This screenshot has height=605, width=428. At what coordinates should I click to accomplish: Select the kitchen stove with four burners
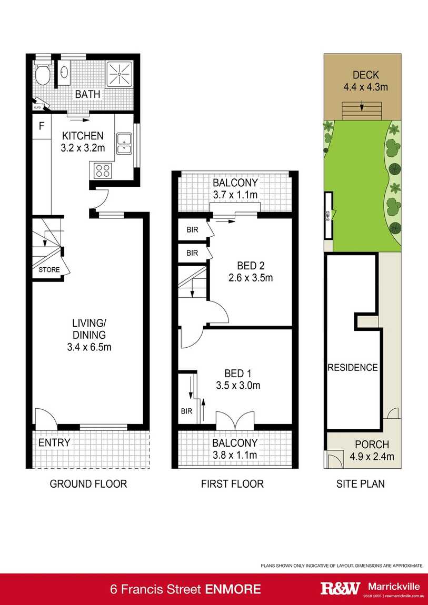pos(102,170)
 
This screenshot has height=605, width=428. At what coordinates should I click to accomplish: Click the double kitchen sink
pos(124,144)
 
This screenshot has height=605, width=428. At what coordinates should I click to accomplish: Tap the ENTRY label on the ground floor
pos(54,442)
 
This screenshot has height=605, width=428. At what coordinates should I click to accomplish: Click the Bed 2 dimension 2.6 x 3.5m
pos(250,277)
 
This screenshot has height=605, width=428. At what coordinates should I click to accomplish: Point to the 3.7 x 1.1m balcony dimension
pos(235,195)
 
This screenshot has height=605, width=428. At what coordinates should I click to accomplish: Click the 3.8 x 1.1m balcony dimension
pos(235,455)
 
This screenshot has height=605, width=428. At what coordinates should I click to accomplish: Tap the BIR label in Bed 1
pos(186,411)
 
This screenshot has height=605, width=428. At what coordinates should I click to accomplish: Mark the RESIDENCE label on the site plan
pos(353,367)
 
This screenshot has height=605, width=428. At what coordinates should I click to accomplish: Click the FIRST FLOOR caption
pos(232,483)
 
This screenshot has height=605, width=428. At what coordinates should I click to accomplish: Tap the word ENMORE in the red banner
pos(233,588)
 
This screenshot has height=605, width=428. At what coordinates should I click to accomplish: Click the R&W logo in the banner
pos(340,588)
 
